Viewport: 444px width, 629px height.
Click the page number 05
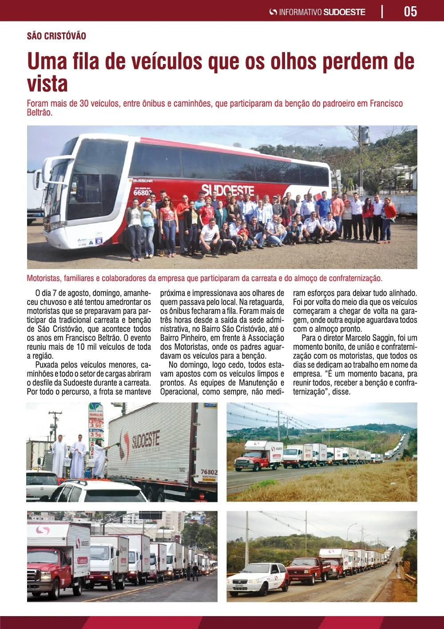click(410, 11)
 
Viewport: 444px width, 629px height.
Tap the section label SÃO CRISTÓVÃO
click(56, 36)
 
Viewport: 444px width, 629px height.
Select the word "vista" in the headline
click(47, 84)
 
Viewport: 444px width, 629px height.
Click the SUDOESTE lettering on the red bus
click(227, 190)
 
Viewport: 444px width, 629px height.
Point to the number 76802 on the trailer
click(209, 472)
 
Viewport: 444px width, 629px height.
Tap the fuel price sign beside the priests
click(96, 427)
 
